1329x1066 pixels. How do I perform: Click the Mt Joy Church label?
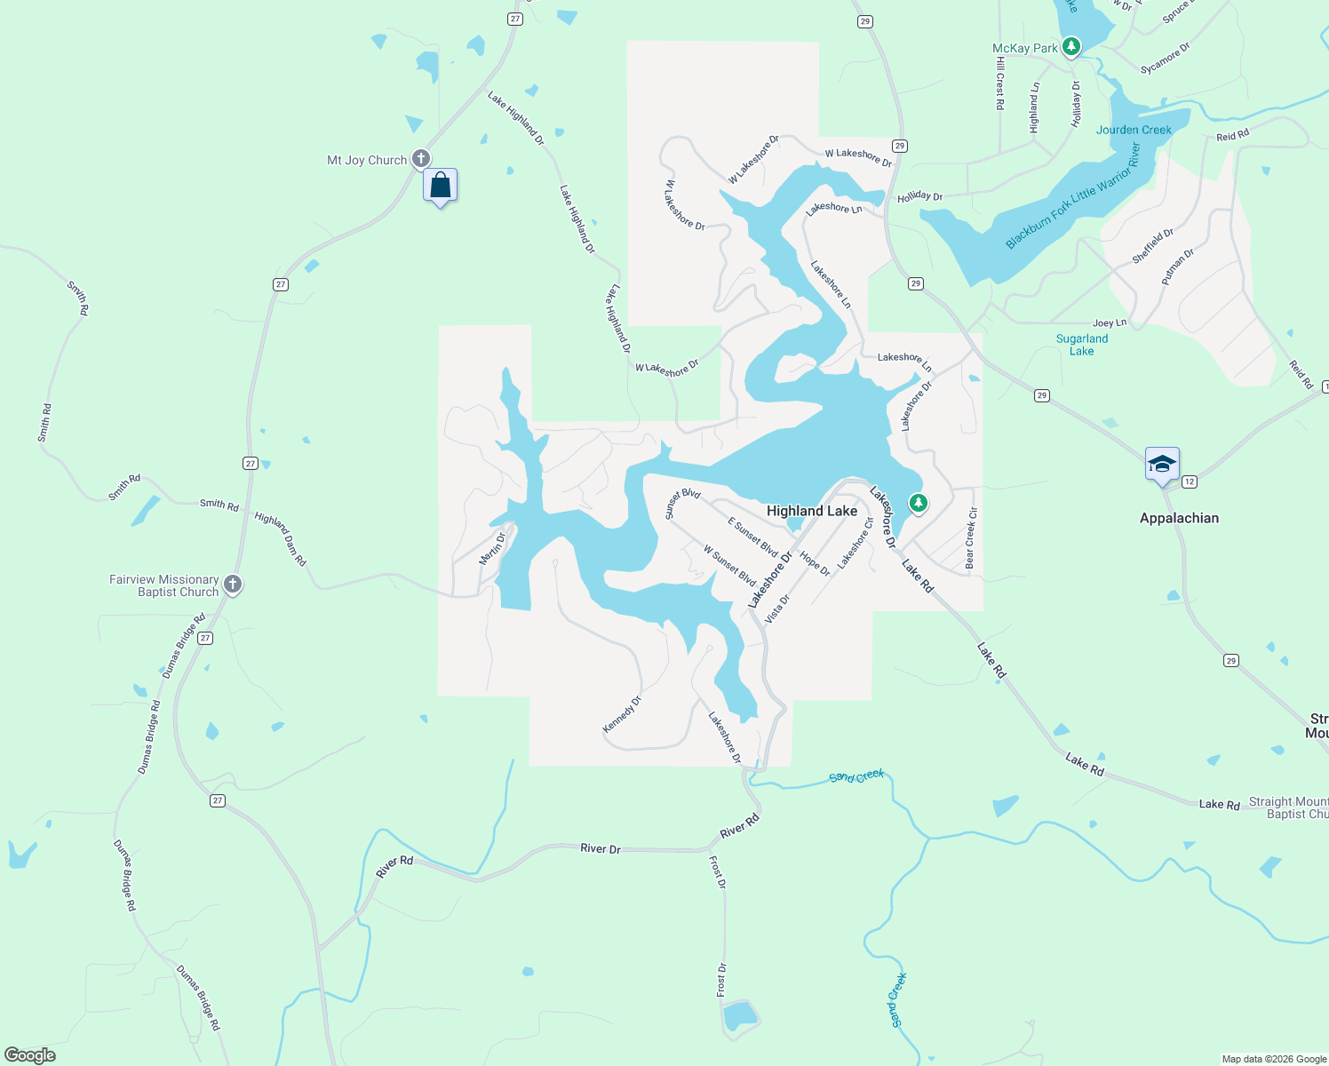(367, 161)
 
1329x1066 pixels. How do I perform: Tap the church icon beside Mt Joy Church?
(421, 159)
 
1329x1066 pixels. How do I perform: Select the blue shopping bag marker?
(441, 187)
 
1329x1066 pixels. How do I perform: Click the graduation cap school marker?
(1162, 465)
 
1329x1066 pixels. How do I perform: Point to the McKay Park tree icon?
(1071, 46)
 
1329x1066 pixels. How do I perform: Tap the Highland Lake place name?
(812, 511)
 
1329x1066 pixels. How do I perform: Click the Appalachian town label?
(1179, 518)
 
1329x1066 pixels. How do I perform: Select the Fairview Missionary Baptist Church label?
(164, 585)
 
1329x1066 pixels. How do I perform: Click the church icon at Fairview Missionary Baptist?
(233, 585)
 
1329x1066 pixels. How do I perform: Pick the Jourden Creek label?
(1134, 130)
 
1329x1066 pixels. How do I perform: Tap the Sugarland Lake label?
(1081, 345)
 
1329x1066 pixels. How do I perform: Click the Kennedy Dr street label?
(622, 715)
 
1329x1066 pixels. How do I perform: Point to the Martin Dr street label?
(492, 548)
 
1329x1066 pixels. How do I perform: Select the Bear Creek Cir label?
(971, 538)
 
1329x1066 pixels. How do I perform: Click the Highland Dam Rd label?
(281, 539)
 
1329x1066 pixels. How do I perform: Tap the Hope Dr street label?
(815, 564)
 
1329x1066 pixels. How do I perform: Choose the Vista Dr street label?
(777, 609)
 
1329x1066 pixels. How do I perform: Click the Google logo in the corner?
(30, 1055)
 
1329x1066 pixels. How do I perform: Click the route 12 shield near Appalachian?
(1190, 481)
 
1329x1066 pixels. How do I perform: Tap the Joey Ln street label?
(1110, 323)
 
